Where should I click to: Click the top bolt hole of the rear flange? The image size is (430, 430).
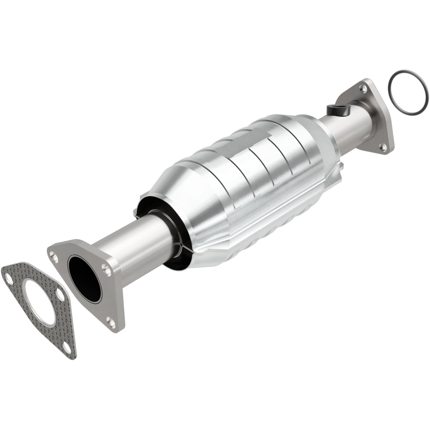(361, 85)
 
